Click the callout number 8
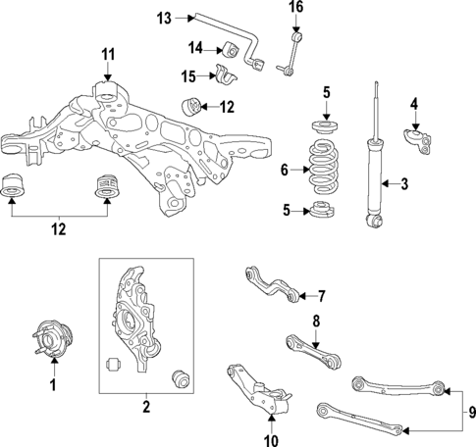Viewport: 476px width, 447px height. (x=317, y=321)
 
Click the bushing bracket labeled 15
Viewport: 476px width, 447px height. (x=226, y=75)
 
